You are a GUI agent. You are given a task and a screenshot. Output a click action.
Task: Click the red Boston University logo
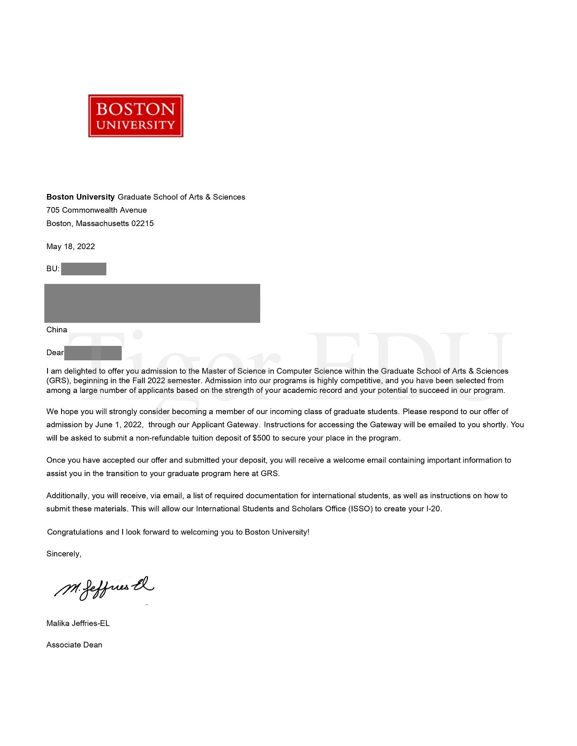136,116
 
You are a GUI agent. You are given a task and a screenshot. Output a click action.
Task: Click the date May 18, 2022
71,246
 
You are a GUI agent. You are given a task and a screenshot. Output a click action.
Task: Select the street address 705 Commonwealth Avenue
96,210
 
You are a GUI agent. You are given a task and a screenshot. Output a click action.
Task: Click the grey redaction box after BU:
84,269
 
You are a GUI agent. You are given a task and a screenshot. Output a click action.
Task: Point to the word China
57,330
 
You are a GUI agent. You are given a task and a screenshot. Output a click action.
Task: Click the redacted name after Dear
93,353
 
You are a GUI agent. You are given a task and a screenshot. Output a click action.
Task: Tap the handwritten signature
104,588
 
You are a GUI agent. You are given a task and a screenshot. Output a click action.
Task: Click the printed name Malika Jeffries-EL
78,623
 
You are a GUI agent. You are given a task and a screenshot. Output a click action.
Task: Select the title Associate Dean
74,645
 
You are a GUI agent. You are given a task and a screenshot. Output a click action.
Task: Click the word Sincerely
63,554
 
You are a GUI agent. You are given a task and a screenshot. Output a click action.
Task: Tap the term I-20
433,509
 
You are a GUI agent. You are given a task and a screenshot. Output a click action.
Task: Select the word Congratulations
75,532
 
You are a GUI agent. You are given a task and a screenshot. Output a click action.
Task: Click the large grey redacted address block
152,303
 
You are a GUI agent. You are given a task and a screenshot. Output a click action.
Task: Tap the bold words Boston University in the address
81,197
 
